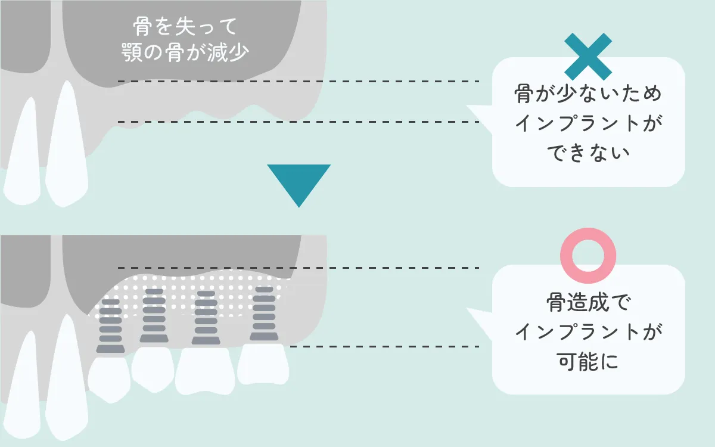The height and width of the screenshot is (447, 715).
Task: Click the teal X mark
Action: (587, 57)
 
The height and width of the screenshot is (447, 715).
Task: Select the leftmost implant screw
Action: (110, 325)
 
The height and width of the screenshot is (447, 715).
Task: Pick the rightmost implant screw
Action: (264, 314)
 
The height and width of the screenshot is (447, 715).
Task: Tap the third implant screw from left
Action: (206, 317)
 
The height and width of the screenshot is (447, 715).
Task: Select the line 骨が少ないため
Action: (588, 95)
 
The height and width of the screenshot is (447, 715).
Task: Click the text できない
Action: (588, 153)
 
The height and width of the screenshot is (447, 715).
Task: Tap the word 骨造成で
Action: (588, 303)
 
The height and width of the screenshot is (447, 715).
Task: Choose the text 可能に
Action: (588, 361)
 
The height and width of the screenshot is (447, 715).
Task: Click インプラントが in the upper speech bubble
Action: (588, 124)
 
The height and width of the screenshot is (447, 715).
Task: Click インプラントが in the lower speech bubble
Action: (588, 332)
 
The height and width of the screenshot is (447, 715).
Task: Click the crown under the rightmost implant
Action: (263, 364)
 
